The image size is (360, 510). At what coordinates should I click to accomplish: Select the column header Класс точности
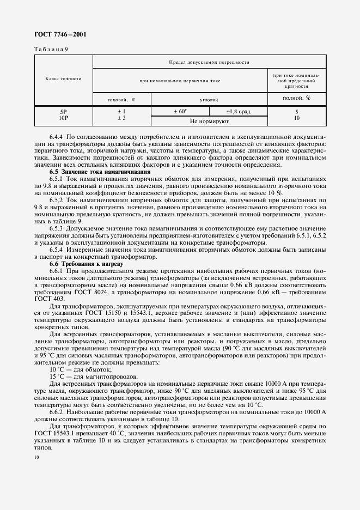click(63, 78)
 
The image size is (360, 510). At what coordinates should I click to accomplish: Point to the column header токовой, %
click(121, 100)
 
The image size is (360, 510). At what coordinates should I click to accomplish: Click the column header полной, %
click(297, 98)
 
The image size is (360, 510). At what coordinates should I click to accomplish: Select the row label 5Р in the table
click(63, 112)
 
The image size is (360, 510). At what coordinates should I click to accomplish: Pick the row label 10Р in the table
click(63, 118)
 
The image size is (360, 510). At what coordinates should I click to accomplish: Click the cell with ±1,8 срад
click(238, 112)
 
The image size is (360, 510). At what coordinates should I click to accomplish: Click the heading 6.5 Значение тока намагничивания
click(92, 172)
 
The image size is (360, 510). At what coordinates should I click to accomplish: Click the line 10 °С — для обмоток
click(75, 369)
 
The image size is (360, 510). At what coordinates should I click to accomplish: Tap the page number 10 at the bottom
click(35, 458)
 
